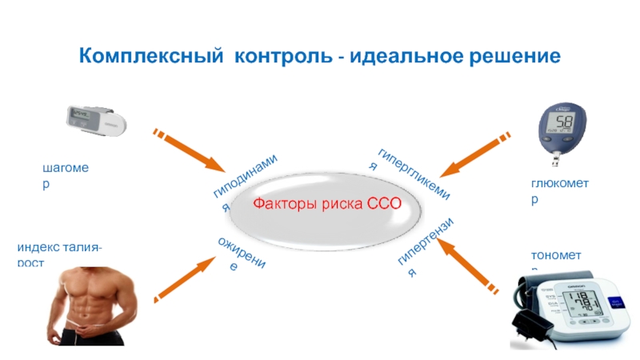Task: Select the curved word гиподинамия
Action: (244, 180)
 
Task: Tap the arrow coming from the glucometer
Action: (475, 154)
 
